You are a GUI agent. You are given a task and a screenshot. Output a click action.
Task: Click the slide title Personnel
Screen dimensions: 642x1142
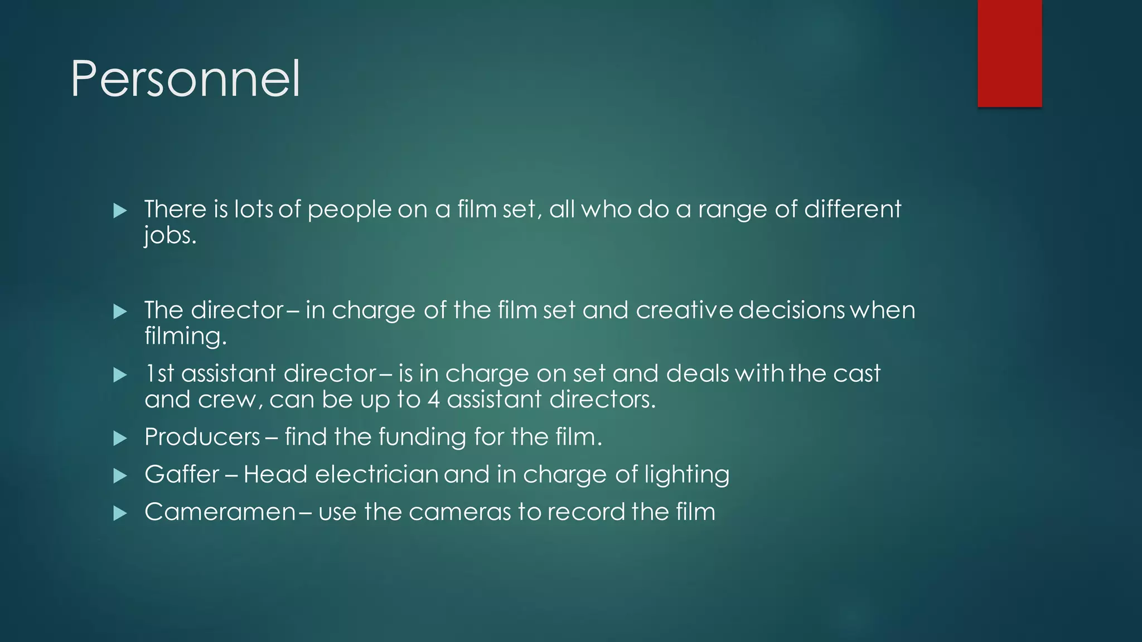click(x=185, y=80)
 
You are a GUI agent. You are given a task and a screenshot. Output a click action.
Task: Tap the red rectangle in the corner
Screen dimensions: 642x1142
click(x=1009, y=53)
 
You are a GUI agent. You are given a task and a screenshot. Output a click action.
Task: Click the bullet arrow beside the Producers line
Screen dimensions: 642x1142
click(x=120, y=439)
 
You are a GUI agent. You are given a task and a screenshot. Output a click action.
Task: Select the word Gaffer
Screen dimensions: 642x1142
click(x=182, y=475)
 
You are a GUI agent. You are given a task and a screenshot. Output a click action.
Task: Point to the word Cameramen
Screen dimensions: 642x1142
click(x=220, y=512)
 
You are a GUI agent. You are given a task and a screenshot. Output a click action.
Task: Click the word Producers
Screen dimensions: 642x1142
click(x=202, y=437)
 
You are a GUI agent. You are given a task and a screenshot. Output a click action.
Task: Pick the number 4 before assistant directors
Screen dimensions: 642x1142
click(x=434, y=400)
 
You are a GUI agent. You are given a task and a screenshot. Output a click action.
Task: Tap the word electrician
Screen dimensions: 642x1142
click(x=376, y=475)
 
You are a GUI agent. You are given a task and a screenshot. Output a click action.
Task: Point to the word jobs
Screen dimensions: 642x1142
click(x=170, y=236)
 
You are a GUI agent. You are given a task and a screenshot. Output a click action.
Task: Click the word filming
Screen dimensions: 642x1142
click(x=185, y=337)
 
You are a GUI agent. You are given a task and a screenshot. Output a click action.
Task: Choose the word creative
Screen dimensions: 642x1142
click(x=684, y=310)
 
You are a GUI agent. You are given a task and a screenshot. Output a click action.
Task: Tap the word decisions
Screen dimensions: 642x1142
click(x=792, y=310)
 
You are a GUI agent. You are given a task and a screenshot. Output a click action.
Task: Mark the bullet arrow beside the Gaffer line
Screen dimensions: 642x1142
click(x=120, y=476)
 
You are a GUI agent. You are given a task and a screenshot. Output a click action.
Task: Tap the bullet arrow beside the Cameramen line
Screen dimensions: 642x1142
click(x=120, y=513)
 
